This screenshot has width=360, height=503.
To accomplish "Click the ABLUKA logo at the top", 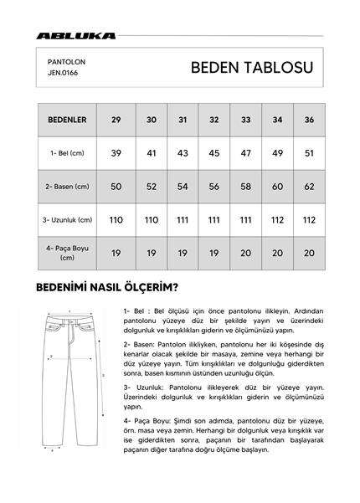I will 76,36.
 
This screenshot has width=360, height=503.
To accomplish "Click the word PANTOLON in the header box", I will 66,61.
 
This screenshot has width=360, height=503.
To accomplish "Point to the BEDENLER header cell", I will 66,120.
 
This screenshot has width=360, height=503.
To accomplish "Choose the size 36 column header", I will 309,120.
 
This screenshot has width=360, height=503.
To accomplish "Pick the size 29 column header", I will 116,120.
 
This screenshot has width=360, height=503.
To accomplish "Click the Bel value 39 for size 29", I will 116,153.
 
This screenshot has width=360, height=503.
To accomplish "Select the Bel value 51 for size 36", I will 309,153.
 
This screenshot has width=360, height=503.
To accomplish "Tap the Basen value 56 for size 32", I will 213,187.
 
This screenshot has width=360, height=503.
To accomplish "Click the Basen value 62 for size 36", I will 309,187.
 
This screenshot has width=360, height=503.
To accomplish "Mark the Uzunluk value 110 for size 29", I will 116,220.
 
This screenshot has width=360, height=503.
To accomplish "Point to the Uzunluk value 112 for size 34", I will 276,220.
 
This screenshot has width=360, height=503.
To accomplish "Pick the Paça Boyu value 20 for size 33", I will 245,253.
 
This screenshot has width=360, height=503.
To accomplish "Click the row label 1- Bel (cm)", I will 66,153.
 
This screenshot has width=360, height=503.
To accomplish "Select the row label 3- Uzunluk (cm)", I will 66,220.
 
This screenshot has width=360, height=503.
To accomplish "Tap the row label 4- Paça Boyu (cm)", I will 66,253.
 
